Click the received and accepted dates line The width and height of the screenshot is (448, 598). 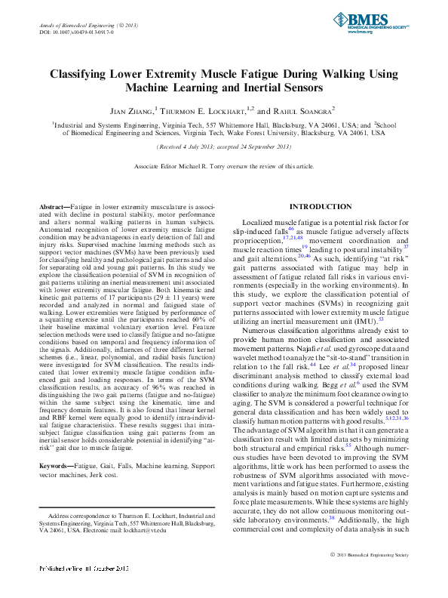223,146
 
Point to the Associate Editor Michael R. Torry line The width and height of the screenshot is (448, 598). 223,165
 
